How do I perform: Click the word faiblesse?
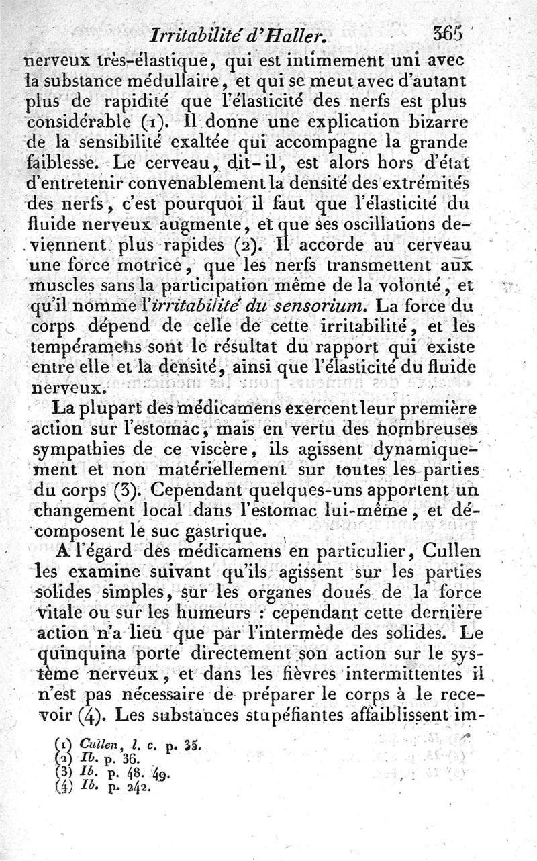point(67,163)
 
